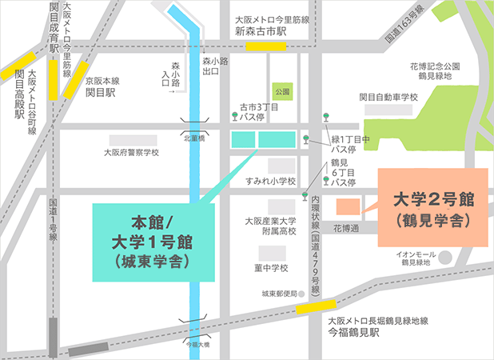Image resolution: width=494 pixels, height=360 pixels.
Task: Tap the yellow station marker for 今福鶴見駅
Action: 316,306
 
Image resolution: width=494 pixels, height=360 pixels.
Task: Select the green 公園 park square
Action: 281,91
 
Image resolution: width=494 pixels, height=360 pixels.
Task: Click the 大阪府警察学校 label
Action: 132,152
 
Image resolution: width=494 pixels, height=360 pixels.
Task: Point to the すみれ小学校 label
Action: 271,181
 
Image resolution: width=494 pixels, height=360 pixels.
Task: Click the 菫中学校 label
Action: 270,267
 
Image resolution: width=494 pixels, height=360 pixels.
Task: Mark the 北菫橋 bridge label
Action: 194,138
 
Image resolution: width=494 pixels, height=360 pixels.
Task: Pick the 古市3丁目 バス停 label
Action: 257,111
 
